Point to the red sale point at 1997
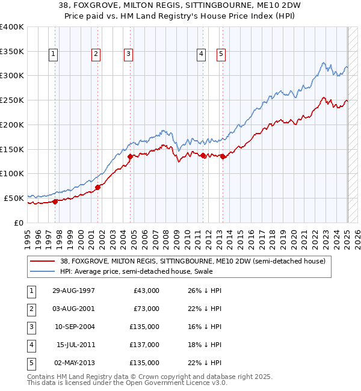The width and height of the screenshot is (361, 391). point(55,202)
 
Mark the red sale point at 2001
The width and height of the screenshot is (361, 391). point(97,187)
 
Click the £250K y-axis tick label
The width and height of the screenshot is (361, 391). point(11,100)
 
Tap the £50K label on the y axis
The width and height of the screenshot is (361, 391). point(13,198)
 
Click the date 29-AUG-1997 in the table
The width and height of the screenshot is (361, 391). point(73,291)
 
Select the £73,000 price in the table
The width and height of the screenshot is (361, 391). point(146,309)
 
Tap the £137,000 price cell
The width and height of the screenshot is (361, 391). point(144,345)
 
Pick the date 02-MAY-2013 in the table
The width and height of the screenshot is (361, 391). point(73,363)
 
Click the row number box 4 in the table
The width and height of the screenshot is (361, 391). point(30,345)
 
